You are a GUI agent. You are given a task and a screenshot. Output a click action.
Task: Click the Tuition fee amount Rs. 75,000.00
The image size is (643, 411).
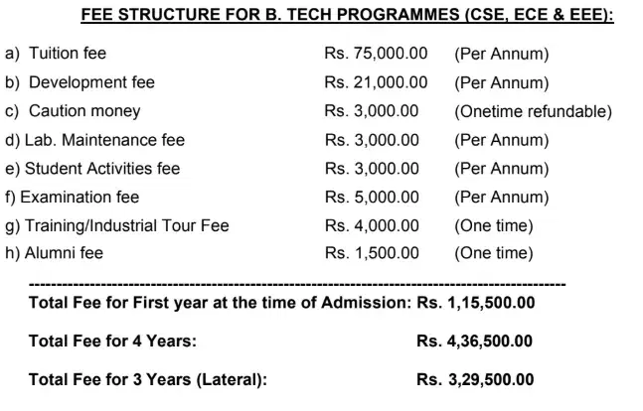[376, 54]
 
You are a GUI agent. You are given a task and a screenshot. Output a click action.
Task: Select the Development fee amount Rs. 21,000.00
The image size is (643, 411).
[376, 82]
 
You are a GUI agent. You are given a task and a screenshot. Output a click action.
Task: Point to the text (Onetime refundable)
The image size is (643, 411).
[533, 111]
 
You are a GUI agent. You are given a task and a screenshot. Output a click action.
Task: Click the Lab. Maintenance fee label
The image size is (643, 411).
[94, 140]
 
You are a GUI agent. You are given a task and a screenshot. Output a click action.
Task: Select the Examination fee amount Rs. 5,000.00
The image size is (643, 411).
[372, 197]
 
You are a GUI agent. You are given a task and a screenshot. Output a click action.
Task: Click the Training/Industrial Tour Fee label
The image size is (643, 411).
[116, 225]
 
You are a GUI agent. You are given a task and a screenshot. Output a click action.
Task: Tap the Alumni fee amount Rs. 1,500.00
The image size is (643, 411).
[372, 253]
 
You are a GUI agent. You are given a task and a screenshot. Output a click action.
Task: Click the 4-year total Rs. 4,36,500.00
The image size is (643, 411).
[475, 342]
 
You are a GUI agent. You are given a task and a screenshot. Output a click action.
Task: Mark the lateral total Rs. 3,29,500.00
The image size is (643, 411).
[475, 380]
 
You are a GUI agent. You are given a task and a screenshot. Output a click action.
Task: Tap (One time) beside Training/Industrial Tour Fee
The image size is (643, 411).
[493, 225]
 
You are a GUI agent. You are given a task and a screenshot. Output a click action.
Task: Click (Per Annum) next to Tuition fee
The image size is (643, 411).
[501, 54]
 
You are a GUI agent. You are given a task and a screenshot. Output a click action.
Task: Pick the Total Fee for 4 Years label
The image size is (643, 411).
[112, 342]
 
